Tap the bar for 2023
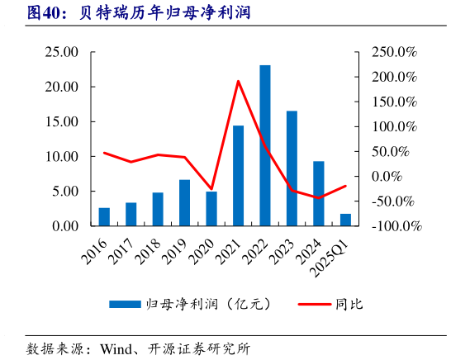tap(292, 168)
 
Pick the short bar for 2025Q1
tap(345, 220)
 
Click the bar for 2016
tap(104, 216)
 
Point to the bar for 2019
tap(184, 202)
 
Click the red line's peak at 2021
tap(238, 81)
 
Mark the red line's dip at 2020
tap(211, 189)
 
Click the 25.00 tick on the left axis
tap(61, 52)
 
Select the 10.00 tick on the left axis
tap(61, 156)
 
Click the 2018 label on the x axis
tap(150, 246)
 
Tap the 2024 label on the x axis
tap(310, 246)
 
